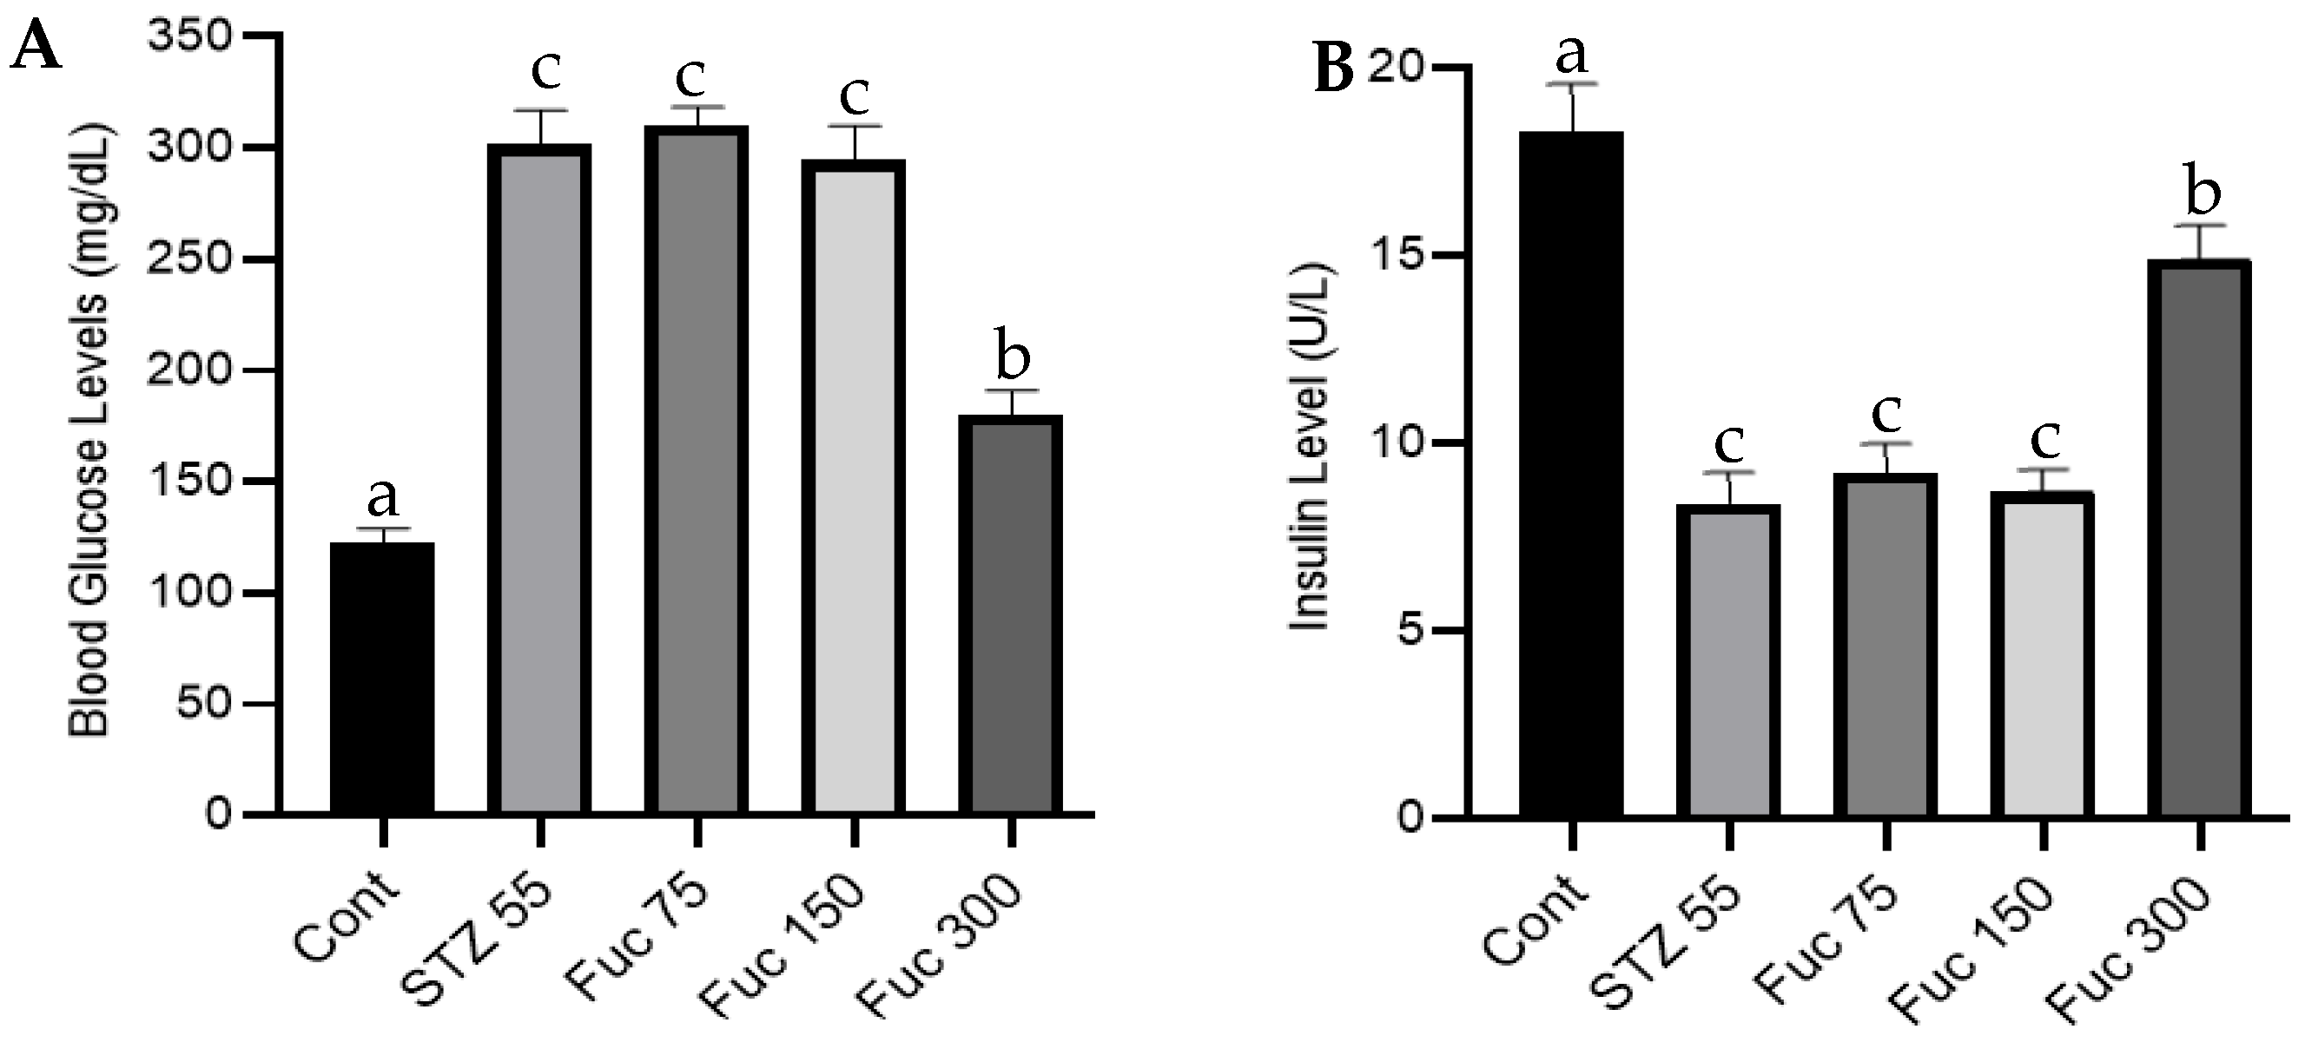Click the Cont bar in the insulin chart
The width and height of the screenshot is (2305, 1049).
pyautogui.click(x=1571, y=474)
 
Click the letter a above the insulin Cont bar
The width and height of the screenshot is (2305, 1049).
pyautogui.click(x=1571, y=54)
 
